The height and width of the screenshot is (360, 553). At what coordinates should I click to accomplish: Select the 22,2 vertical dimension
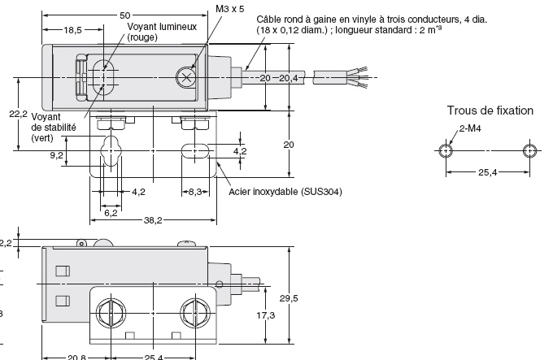click(x=7, y=115)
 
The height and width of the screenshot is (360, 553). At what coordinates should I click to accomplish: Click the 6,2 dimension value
click(x=111, y=213)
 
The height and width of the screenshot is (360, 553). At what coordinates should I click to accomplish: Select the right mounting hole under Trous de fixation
click(x=529, y=151)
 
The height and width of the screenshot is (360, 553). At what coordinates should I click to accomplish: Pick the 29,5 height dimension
click(x=301, y=298)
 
